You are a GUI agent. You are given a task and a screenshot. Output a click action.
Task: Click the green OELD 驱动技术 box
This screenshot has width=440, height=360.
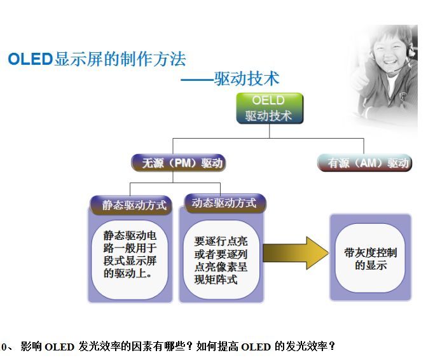click(269, 108)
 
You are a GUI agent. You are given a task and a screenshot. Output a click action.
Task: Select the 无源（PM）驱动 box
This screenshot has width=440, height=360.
click(179, 163)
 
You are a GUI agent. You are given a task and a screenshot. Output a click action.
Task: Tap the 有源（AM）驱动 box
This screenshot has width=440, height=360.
click(365, 163)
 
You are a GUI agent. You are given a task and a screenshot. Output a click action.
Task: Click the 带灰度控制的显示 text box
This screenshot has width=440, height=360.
click(370, 259)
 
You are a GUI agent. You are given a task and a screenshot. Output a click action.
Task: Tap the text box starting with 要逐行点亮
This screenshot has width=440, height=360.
click(220, 260)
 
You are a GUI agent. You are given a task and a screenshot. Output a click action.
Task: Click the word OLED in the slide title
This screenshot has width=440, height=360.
click(29, 60)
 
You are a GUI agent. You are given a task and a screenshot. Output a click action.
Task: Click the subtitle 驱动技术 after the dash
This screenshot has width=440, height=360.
click(247, 79)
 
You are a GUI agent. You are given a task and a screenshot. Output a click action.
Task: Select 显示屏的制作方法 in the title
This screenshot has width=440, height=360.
click(120, 60)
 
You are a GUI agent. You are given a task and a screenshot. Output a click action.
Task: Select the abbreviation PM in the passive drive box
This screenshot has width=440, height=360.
click(183, 163)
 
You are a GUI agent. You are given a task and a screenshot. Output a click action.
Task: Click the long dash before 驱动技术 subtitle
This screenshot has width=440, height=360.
click(196, 80)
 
